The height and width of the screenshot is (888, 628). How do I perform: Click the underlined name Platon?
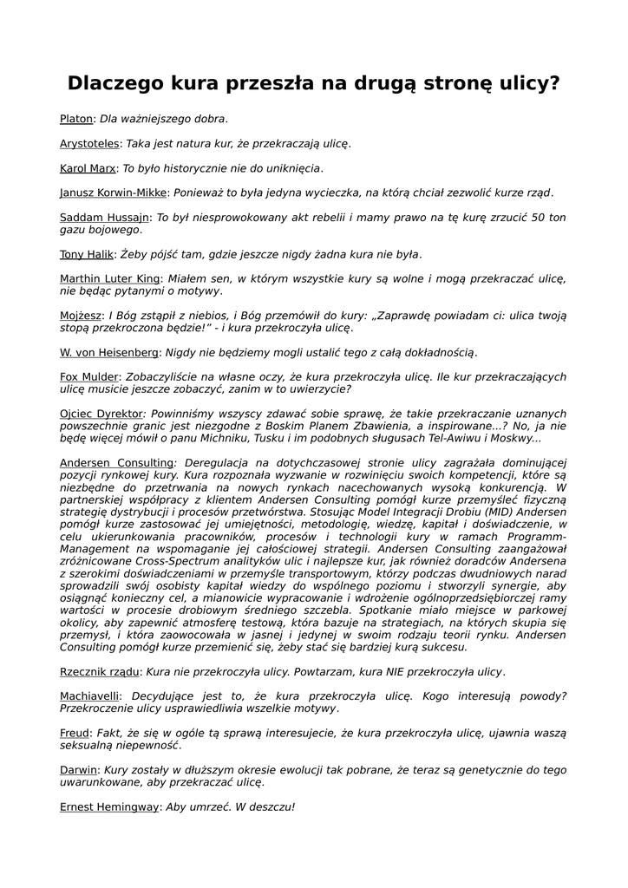tap(76, 119)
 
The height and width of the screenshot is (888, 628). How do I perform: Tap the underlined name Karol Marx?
tap(88, 168)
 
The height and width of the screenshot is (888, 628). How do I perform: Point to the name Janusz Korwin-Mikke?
tap(113, 193)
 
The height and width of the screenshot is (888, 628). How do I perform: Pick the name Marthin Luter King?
tap(109, 278)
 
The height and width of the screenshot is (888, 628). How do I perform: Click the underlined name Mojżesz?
tap(81, 316)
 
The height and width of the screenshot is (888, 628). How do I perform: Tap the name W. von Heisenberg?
tap(109, 353)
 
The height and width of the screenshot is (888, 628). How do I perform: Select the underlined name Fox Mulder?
tap(89, 377)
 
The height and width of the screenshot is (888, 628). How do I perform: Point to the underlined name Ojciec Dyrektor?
tap(101, 415)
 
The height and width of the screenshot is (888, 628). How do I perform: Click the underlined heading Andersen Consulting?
tap(116, 463)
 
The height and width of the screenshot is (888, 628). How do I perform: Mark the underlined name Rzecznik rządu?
tap(99, 672)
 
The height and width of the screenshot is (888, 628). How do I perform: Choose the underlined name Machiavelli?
tap(90, 696)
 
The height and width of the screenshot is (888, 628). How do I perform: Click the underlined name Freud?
tap(75, 734)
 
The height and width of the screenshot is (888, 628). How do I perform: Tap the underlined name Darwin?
tap(78, 770)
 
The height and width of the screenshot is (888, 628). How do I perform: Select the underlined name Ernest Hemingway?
tap(109, 807)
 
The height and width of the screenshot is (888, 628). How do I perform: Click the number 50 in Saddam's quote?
tap(534, 218)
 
